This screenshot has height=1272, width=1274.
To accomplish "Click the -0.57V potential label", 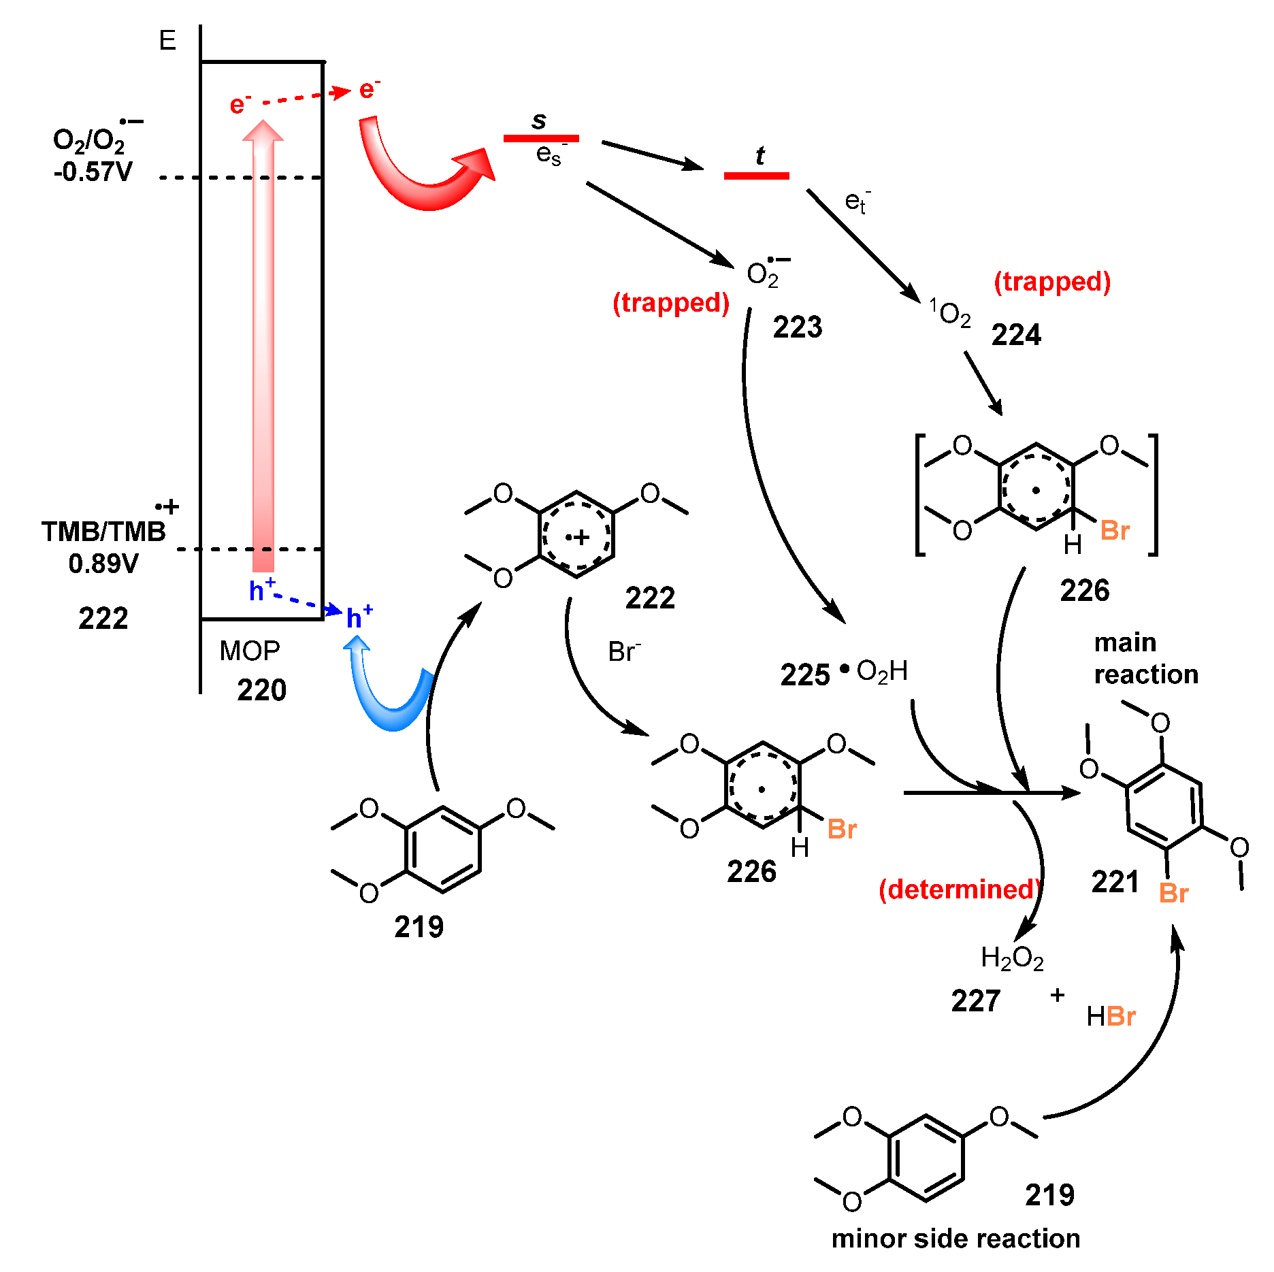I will [93, 172].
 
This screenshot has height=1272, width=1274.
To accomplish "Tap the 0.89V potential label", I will [103, 564].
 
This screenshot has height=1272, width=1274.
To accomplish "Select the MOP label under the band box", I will [249, 651].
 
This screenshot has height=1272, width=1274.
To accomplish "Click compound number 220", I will [261, 690].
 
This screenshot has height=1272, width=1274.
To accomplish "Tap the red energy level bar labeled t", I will [756, 176].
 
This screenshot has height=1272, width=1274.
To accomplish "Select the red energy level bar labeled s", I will [541, 139].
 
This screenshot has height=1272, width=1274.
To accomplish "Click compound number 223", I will [798, 327].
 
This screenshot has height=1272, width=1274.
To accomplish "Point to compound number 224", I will [1016, 335].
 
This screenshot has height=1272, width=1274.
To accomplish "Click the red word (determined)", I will [960, 890].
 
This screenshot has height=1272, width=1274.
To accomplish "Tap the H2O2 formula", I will [1012, 958].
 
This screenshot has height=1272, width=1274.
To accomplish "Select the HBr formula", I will [1111, 1017].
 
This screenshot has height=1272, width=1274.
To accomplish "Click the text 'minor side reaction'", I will [955, 1239].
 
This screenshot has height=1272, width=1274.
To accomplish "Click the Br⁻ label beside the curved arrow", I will [624, 652].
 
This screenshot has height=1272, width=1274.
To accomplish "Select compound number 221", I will [1115, 882].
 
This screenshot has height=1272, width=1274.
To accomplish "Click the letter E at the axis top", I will [167, 41].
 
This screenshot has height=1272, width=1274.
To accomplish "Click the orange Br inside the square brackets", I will [1115, 531].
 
